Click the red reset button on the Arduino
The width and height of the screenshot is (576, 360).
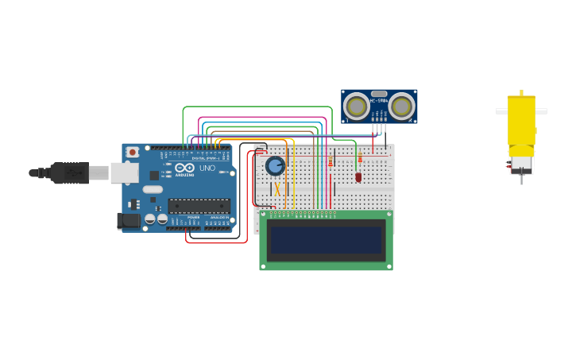tap(133, 151)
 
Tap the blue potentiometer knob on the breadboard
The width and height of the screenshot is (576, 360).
tap(275, 165)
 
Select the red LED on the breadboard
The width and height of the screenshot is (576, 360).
tap(358, 176)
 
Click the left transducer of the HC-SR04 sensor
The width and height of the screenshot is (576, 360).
tap(356, 106)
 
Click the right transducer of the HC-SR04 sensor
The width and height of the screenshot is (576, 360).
tap(402, 106)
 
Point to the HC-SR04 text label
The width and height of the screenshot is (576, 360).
tap(379, 100)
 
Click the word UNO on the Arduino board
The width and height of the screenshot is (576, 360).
tap(207, 168)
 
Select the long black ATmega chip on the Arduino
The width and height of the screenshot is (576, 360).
tap(199, 206)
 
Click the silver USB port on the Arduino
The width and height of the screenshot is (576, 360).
tap(123, 172)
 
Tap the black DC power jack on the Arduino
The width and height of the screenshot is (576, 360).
tap(128, 221)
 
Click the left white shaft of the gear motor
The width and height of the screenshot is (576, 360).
tap(501, 111)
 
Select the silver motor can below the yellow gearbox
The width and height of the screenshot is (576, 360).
tap(521, 163)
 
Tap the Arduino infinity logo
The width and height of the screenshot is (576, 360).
tap(184, 168)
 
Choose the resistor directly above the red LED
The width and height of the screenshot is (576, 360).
tap(359, 159)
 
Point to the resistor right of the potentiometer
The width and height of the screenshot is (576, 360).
tap(330, 162)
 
